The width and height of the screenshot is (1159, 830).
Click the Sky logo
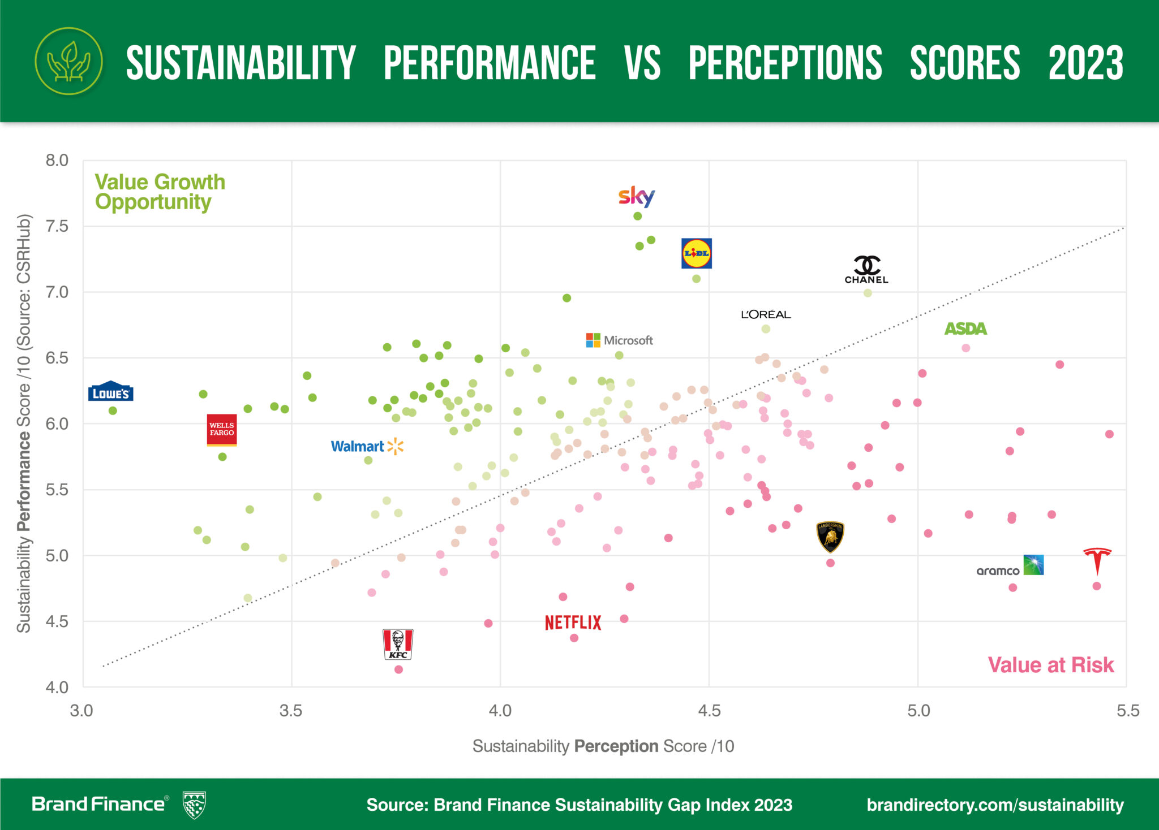637,196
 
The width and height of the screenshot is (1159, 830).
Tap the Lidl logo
696,253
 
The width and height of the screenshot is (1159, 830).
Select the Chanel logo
866,270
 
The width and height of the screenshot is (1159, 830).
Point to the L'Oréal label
766,314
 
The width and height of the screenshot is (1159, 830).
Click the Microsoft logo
620,340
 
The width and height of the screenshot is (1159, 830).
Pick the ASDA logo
965,328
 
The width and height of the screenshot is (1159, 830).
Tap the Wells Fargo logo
222,430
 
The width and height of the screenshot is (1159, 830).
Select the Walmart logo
367,447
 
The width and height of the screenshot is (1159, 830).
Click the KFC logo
398,644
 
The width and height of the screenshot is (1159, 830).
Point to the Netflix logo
573,622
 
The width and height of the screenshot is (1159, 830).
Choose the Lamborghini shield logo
830,537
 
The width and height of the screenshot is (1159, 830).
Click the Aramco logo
1010,566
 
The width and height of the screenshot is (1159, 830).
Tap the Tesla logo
1097,560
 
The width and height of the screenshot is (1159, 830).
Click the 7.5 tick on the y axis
57,226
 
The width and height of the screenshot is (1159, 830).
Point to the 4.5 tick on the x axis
709,711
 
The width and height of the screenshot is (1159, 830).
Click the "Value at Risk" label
1050,665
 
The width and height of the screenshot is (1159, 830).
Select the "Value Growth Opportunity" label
160,192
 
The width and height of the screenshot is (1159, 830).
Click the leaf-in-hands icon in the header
68,61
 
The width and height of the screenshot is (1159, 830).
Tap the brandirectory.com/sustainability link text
995,805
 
